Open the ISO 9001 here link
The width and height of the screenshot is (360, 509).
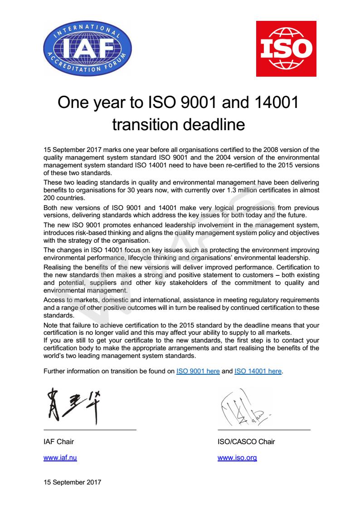click(x=198, y=371)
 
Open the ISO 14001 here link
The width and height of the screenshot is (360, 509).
click(x=258, y=371)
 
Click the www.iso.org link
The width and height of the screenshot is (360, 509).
click(x=237, y=458)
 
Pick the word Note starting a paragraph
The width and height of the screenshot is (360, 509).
click(x=50, y=325)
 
